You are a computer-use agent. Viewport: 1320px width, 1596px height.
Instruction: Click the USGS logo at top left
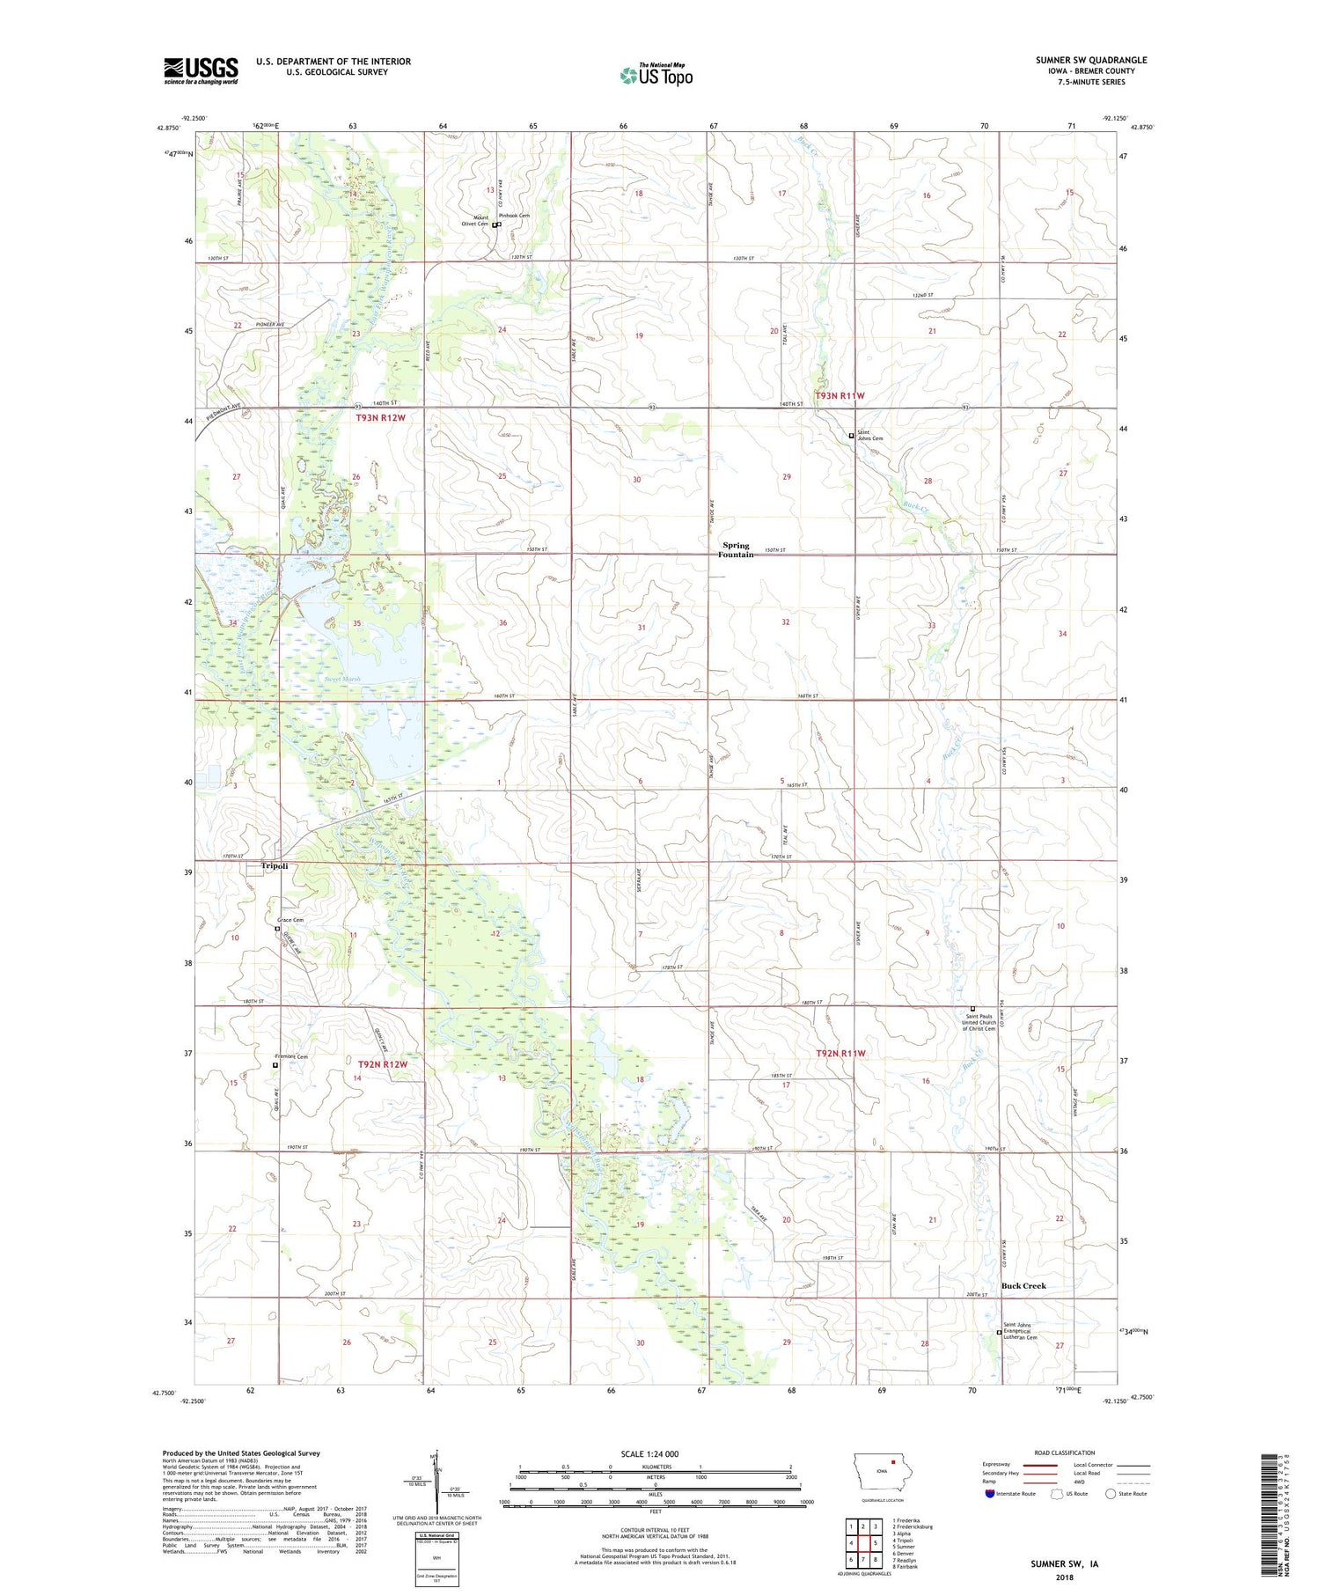201,70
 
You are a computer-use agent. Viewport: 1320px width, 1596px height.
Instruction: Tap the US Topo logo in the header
656,75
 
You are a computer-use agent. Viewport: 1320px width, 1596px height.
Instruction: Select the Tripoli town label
275,866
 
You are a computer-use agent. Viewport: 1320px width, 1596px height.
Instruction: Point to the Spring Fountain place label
736,549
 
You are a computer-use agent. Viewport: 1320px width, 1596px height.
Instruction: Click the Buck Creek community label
1023,1285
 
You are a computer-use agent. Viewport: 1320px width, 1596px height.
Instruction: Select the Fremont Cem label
292,1056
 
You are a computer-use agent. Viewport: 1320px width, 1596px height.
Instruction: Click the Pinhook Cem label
515,216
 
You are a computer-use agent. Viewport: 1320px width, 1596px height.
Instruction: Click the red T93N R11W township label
840,396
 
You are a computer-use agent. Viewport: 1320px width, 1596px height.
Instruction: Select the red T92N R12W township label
383,1064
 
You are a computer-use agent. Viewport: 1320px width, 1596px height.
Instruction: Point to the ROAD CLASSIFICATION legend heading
1065,1453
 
